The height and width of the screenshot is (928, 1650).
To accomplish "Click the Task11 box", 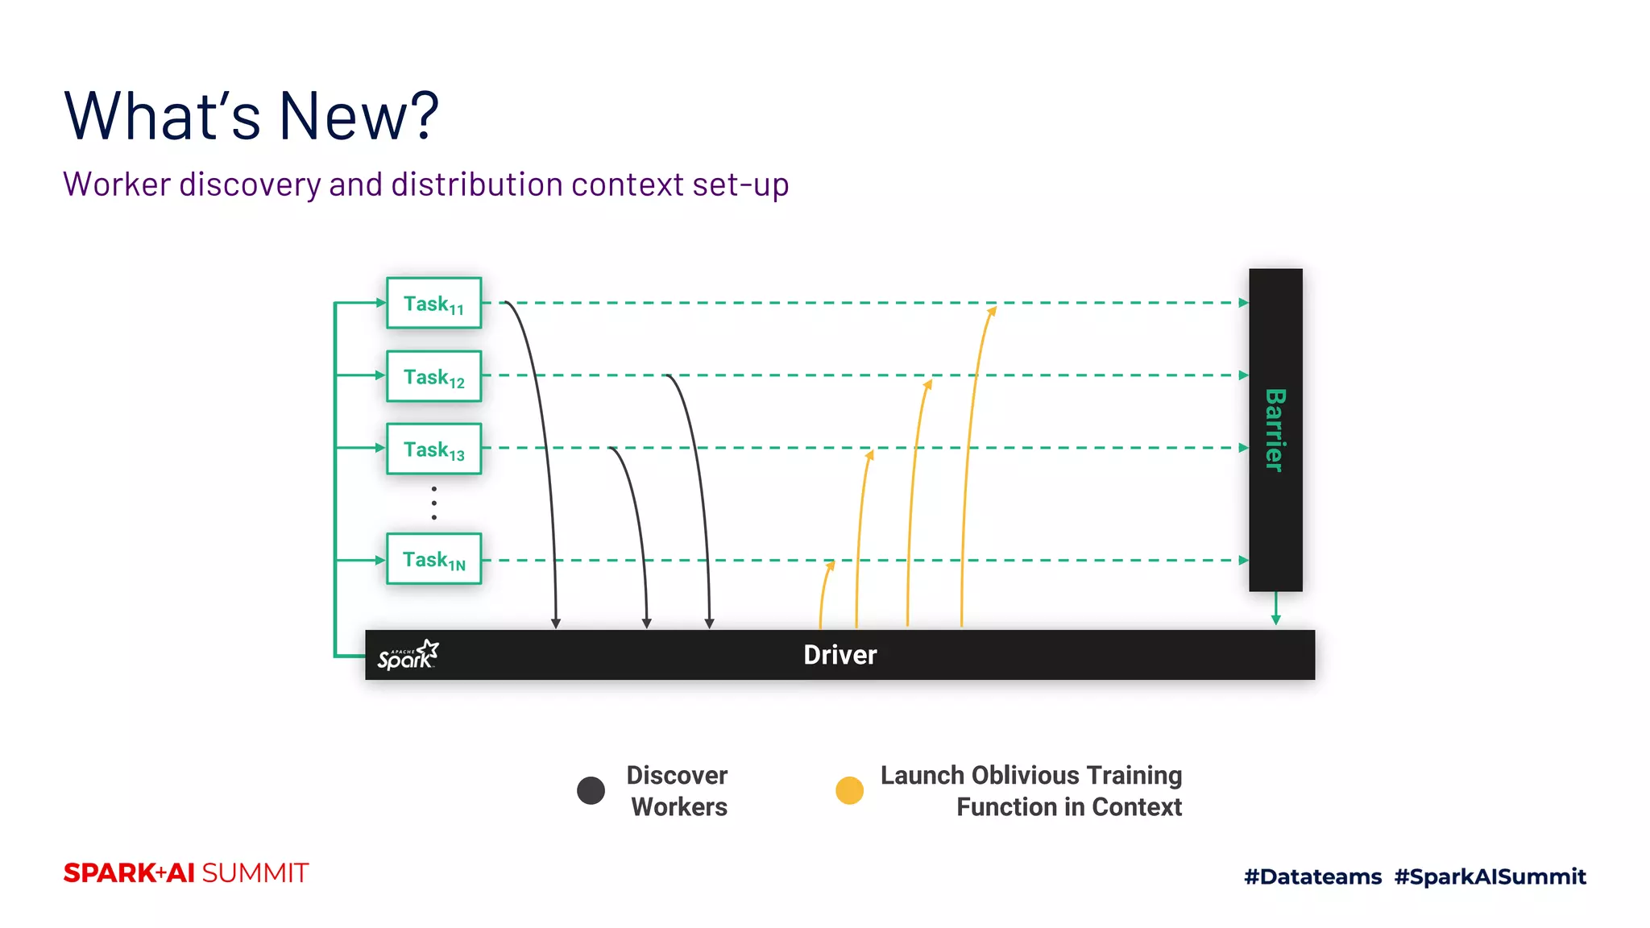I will pos(433,303).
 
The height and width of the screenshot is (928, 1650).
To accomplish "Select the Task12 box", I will pos(433,376).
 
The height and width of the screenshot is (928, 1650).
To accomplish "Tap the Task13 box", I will pos(433,449).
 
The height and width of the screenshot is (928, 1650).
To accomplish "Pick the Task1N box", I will pos(433,559).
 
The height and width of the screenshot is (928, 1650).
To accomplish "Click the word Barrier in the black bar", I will pos(1275,429).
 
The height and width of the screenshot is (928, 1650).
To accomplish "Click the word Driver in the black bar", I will pos(840,655).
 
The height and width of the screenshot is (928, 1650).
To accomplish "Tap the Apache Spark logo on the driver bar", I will pos(408,655).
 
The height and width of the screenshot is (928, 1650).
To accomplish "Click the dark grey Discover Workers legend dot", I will pos(591,790).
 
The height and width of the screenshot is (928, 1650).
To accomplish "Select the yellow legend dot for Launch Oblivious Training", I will pos(849,790).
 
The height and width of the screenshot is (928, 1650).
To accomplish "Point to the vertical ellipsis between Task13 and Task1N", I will pos(433,503).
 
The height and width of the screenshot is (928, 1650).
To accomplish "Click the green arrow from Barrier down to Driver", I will pos(1275,610).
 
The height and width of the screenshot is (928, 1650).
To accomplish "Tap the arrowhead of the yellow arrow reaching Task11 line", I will pos(993,311).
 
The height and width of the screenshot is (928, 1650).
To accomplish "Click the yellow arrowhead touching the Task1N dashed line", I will pos(831,566).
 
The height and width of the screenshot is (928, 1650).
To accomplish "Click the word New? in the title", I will pos(359,116).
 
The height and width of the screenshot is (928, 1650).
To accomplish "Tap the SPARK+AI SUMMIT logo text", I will pos(186,873).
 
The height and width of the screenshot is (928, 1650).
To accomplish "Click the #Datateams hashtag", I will pos(1312,876).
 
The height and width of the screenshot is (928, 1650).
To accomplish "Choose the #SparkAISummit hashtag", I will pos(1490,876).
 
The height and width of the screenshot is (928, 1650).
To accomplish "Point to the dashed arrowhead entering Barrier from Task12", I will pos(1243,375).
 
